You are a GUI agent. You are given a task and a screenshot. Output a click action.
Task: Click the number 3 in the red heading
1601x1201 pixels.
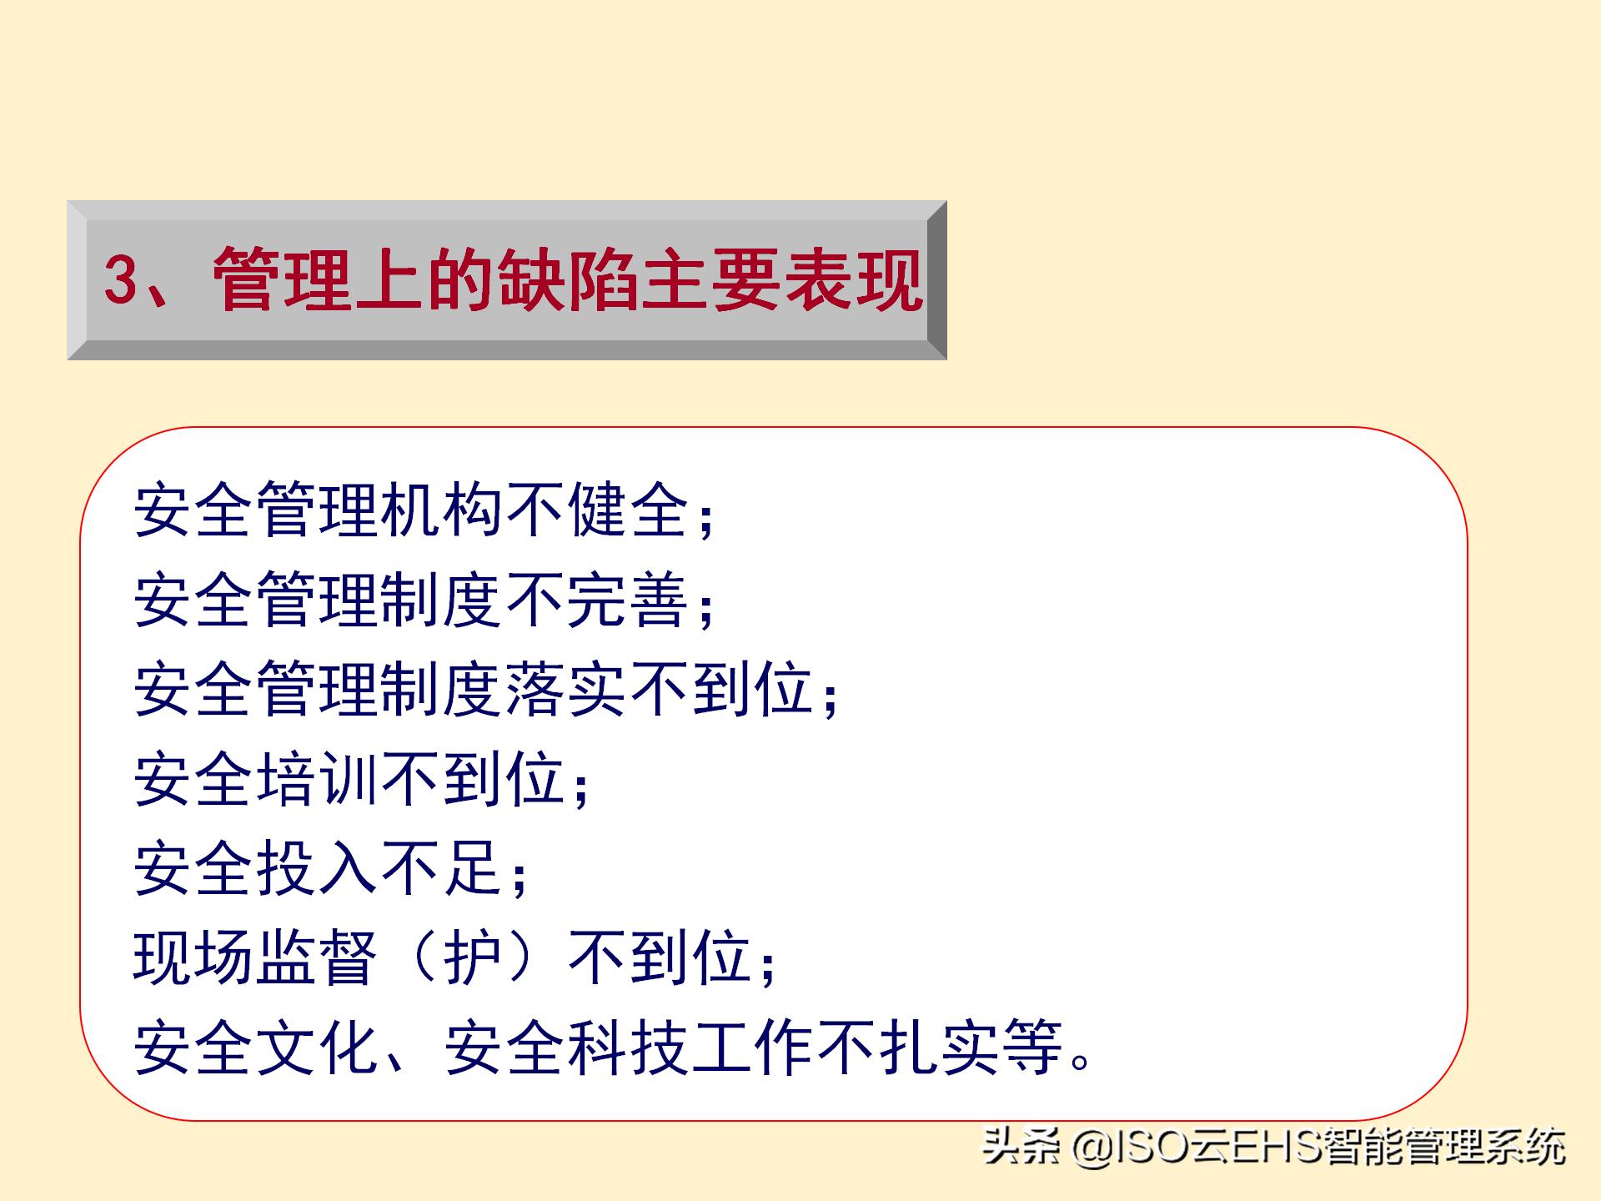point(121,279)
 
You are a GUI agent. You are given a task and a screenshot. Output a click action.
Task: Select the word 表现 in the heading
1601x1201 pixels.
point(851,279)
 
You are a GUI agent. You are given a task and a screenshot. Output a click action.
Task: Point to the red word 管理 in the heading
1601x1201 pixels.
point(284,279)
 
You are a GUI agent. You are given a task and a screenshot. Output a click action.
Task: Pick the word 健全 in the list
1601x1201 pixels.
point(628,510)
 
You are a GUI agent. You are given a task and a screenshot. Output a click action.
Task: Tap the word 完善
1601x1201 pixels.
point(628,600)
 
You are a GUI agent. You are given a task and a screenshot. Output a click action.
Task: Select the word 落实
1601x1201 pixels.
point(566,690)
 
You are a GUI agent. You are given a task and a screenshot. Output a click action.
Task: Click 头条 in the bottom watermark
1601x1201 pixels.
point(1020,1147)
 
